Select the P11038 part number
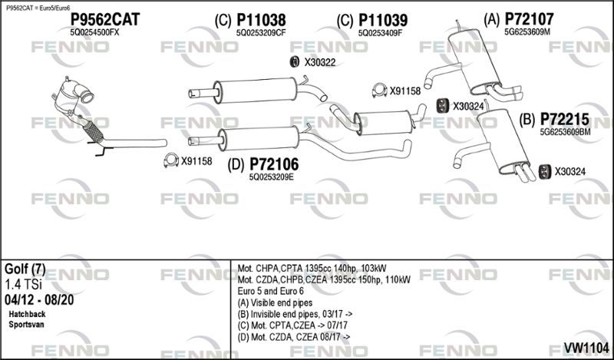(261, 20)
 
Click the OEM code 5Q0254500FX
(94, 33)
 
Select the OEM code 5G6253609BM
(565, 132)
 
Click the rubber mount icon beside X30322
(294, 62)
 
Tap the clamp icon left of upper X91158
(378, 91)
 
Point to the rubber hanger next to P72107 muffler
(442, 106)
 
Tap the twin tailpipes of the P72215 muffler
(525, 174)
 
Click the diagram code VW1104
(586, 347)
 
